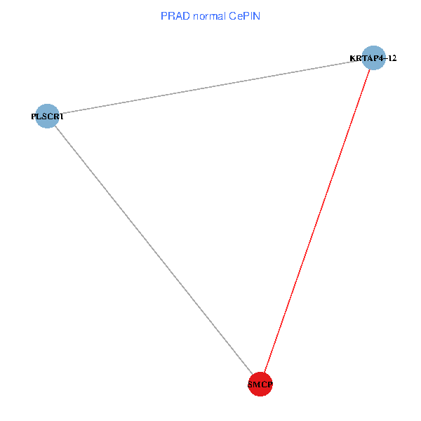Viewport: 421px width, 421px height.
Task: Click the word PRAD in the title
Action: click(x=172, y=15)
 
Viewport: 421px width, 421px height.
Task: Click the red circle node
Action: click(x=260, y=385)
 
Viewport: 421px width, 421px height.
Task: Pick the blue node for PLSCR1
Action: click(x=47, y=116)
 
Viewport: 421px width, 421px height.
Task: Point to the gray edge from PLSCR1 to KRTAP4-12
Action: click(x=210, y=86)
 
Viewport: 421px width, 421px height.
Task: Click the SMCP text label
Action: click(x=260, y=385)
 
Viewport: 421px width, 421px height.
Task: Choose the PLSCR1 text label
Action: click(x=47, y=116)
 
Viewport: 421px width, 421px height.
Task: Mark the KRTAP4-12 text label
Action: click(x=373, y=58)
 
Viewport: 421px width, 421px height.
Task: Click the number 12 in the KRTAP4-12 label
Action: click(x=392, y=58)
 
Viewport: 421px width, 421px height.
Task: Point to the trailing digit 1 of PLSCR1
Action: click(x=62, y=116)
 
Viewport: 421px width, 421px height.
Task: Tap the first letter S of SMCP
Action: click(x=250, y=385)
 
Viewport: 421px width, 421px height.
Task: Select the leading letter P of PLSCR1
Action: click(x=34, y=116)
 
